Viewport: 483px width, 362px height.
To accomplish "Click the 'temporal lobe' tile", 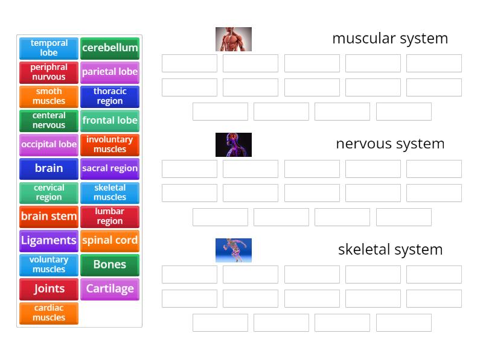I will click(49, 48).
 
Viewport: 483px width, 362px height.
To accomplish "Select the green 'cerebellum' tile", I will click(110, 48).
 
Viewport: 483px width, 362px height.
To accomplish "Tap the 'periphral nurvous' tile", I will click(49, 72).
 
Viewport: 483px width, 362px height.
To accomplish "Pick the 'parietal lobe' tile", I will click(110, 72).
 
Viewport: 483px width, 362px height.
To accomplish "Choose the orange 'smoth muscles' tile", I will click(49, 97).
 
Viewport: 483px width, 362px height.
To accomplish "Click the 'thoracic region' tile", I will click(110, 97).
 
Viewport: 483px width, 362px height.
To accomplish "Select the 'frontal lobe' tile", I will click(110, 121).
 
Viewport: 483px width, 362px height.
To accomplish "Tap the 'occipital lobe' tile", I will click(49, 145).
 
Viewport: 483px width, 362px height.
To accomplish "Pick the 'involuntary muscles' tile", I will click(110, 145).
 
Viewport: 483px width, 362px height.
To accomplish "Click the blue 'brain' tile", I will click(49, 169).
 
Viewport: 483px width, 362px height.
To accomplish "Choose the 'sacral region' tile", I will click(110, 169).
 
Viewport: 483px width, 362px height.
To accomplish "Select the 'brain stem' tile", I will click(49, 217).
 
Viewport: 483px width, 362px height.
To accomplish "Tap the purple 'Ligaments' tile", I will click(49, 241).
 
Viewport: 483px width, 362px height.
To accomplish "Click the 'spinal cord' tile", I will click(110, 241).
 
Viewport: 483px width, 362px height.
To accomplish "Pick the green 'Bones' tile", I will click(110, 265).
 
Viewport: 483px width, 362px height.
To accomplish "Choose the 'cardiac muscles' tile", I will click(49, 313).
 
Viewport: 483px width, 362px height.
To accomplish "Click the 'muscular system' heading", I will click(390, 39).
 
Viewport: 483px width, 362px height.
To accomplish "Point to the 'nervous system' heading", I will click(390, 144).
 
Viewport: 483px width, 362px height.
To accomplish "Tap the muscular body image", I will click(234, 39).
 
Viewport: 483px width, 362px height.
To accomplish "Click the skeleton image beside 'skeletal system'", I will click(234, 250).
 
